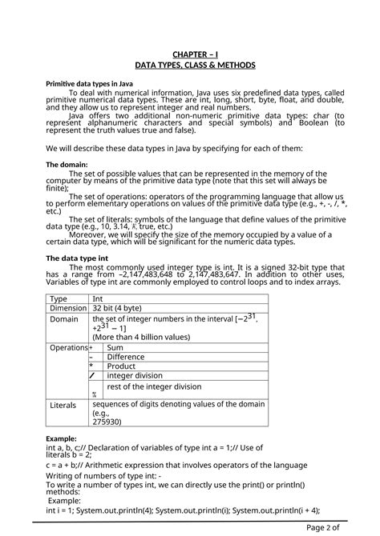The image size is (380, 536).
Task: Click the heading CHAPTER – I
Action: point(196,54)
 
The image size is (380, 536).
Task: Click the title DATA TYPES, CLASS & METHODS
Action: point(196,64)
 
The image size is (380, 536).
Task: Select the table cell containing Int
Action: point(98,298)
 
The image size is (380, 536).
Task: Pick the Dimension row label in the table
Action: point(68,308)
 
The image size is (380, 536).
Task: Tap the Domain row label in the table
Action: point(64,319)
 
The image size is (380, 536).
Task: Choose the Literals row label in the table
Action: point(63,406)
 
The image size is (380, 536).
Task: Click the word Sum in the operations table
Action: point(115,348)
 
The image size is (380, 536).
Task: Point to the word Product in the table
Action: point(121,366)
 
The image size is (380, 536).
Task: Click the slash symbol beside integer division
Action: point(93,375)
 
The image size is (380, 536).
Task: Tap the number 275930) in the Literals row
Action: point(107,422)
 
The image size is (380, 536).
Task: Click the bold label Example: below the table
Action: point(62,438)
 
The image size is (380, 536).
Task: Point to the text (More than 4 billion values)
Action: point(142,337)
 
